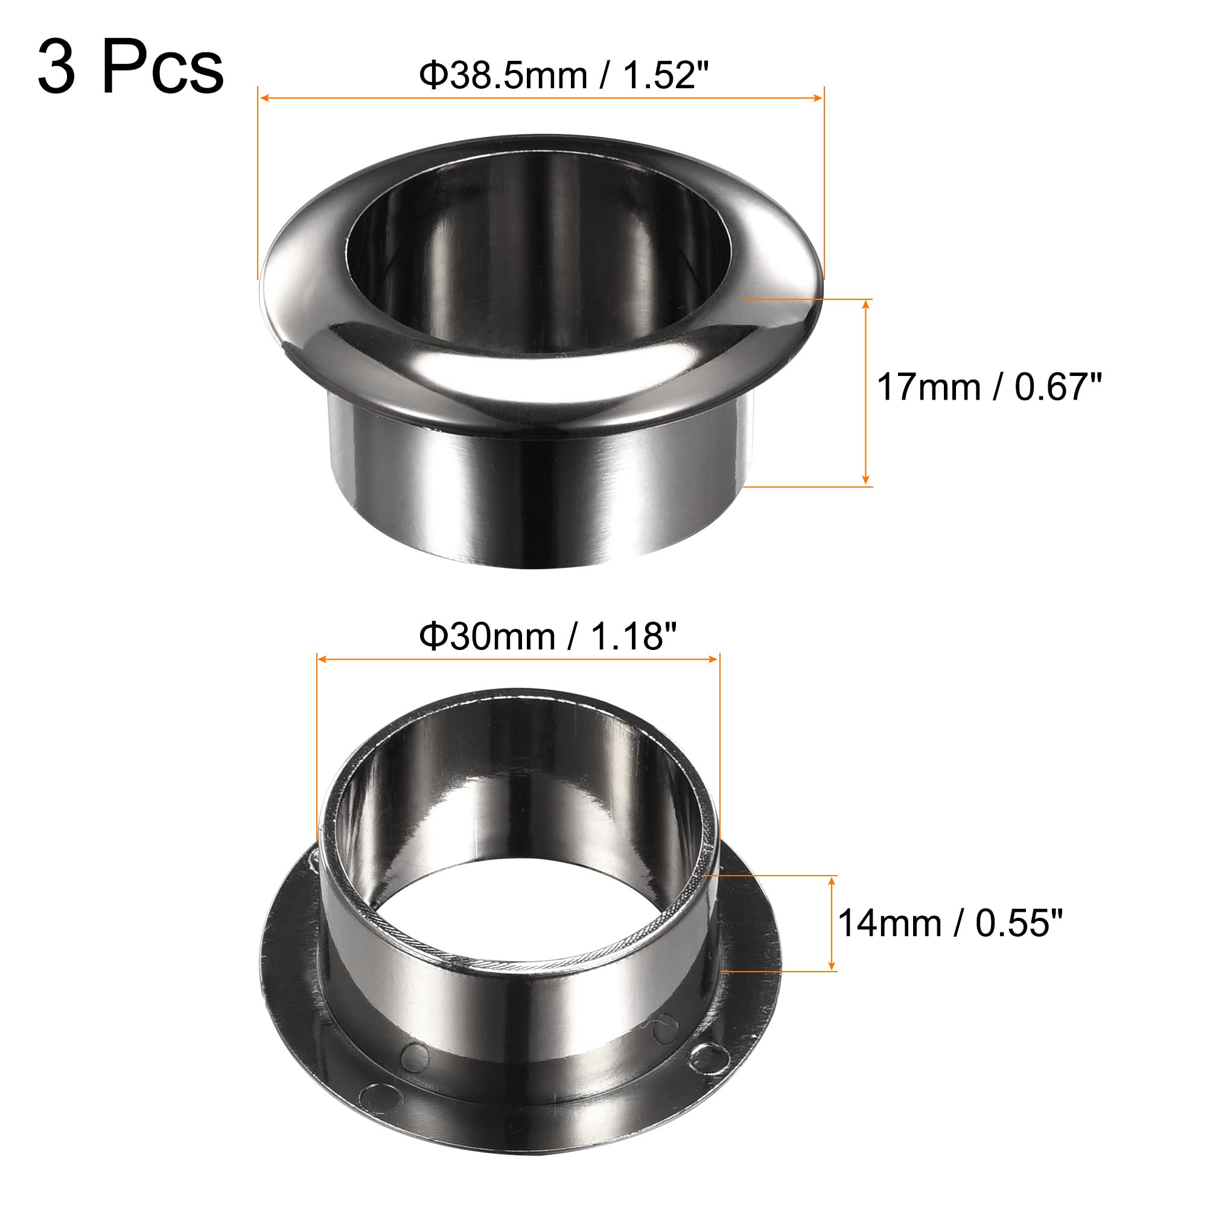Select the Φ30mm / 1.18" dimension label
pyautogui.click(x=548, y=637)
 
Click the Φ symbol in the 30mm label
pyautogui.click(x=432, y=637)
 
